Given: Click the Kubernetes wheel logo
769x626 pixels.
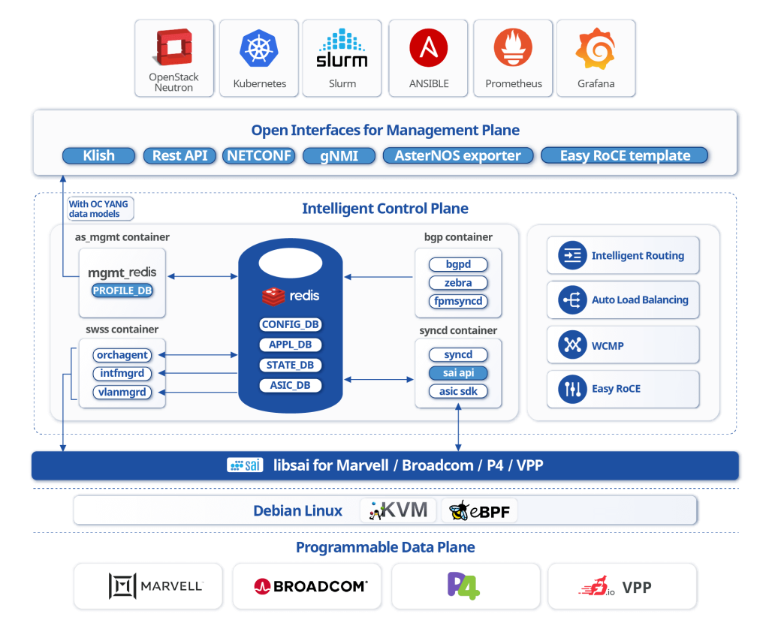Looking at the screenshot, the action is pyautogui.click(x=259, y=48).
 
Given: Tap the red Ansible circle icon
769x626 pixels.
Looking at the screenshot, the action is pyautogui.click(x=429, y=47).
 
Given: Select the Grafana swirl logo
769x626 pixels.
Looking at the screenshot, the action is pyautogui.click(x=596, y=49).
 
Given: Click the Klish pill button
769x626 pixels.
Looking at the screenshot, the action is pyautogui.click(x=98, y=155).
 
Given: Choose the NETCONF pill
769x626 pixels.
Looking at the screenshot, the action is pyautogui.click(x=259, y=155).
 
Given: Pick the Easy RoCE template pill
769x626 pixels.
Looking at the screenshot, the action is pyautogui.click(x=625, y=155).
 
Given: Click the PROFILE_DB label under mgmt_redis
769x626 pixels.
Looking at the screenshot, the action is pyautogui.click(x=122, y=290).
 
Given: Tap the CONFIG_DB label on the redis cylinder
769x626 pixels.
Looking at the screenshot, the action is pyautogui.click(x=291, y=324).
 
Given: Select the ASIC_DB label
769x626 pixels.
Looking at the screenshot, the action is pyautogui.click(x=291, y=385).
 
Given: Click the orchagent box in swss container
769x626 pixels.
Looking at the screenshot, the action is pyautogui.click(x=122, y=355).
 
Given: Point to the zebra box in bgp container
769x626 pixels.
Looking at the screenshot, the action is pyautogui.click(x=458, y=283).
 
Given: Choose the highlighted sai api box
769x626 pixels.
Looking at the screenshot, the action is pyautogui.click(x=458, y=373).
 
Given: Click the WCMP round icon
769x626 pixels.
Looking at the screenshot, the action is pyautogui.click(x=572, y=345).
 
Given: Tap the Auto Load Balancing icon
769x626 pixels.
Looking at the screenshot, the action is pyautogui.click(x=572, y=299).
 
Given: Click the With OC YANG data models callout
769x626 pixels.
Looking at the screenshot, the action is pyautogui.click(x=100, y=209).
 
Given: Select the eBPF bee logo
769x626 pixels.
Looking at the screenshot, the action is pyautogui.click(x=459, y=511).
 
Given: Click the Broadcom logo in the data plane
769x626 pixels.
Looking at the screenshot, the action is pyautogui.click(x=311, y=586).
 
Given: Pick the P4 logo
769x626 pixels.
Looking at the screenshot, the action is pyautogui.click(x=463, y=585).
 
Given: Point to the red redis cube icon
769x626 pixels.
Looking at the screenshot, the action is pyautogui.click(x=273, y=296).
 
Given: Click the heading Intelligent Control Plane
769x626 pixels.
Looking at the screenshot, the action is pyautogui.click(x=385, y=209).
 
